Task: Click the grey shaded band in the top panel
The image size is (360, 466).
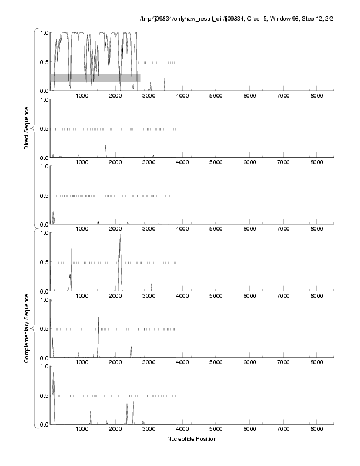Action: click(95, 78)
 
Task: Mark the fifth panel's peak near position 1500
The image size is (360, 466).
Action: click(98, 318)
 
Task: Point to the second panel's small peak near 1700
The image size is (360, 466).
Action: click(105, 147)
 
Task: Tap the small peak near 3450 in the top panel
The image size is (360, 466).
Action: click(164, 79)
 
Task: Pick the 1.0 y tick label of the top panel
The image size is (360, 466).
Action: click(44, 32)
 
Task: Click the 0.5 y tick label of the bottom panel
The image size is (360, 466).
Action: click(44, 395)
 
